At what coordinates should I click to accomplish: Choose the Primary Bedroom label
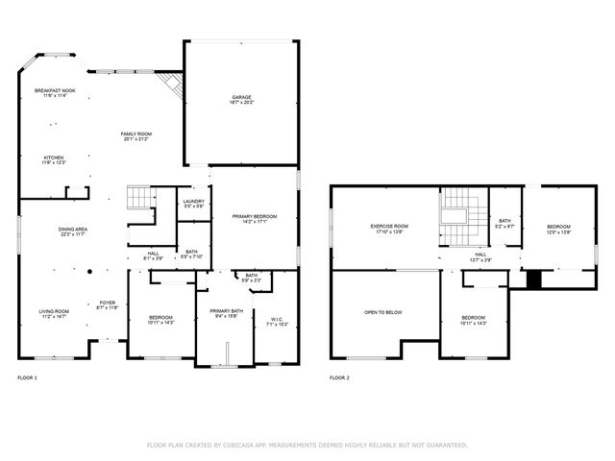coord(255,219)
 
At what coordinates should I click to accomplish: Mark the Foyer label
coord(107,304)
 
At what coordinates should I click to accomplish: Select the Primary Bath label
coord(227,313)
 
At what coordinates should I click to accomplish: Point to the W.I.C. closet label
coord(276,321)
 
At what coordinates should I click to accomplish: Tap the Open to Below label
coord(382,312)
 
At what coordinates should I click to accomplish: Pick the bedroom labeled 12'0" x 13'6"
coord(558,229)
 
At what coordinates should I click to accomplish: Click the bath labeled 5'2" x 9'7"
coord(504,223)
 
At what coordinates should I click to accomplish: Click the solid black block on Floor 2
coord(534,278)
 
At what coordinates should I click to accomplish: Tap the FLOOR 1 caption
coord(28,378)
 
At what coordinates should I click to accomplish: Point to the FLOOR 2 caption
coord(339,378)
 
